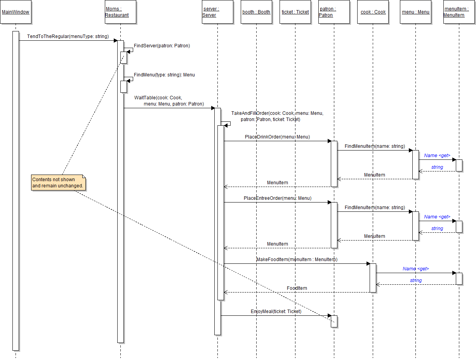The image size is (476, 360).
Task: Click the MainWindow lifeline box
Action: coord(16,12)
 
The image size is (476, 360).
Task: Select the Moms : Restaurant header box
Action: coord(120,12)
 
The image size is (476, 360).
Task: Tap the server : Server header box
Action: coord(217,12)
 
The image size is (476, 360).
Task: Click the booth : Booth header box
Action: coord(256,12)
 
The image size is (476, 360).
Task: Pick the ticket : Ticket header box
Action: coord(295,12)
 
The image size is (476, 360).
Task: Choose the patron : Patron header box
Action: coord(334,12)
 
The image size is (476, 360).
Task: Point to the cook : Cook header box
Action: coord(373,12)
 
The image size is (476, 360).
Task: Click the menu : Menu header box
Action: coord(415,12)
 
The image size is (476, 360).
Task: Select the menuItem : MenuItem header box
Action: coord(459,12)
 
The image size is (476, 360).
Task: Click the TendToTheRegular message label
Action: coord(68,36)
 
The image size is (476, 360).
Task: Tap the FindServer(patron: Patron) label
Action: coord(162,46)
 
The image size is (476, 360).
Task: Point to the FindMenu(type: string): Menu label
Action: coord(164,75)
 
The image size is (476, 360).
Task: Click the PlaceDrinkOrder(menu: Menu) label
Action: coord(277,137)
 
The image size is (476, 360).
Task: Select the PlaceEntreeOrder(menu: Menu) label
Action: coord(277,198)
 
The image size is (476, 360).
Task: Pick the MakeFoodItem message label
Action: coord(297,259)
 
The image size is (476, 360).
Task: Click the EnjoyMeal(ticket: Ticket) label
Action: coord(276,312)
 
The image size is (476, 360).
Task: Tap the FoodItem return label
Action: coord(297,288)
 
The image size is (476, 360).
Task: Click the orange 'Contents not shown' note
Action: coord(58,183)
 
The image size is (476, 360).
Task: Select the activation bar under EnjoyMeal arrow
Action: coord(334,321)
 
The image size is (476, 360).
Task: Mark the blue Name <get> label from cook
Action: coord(415,268)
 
